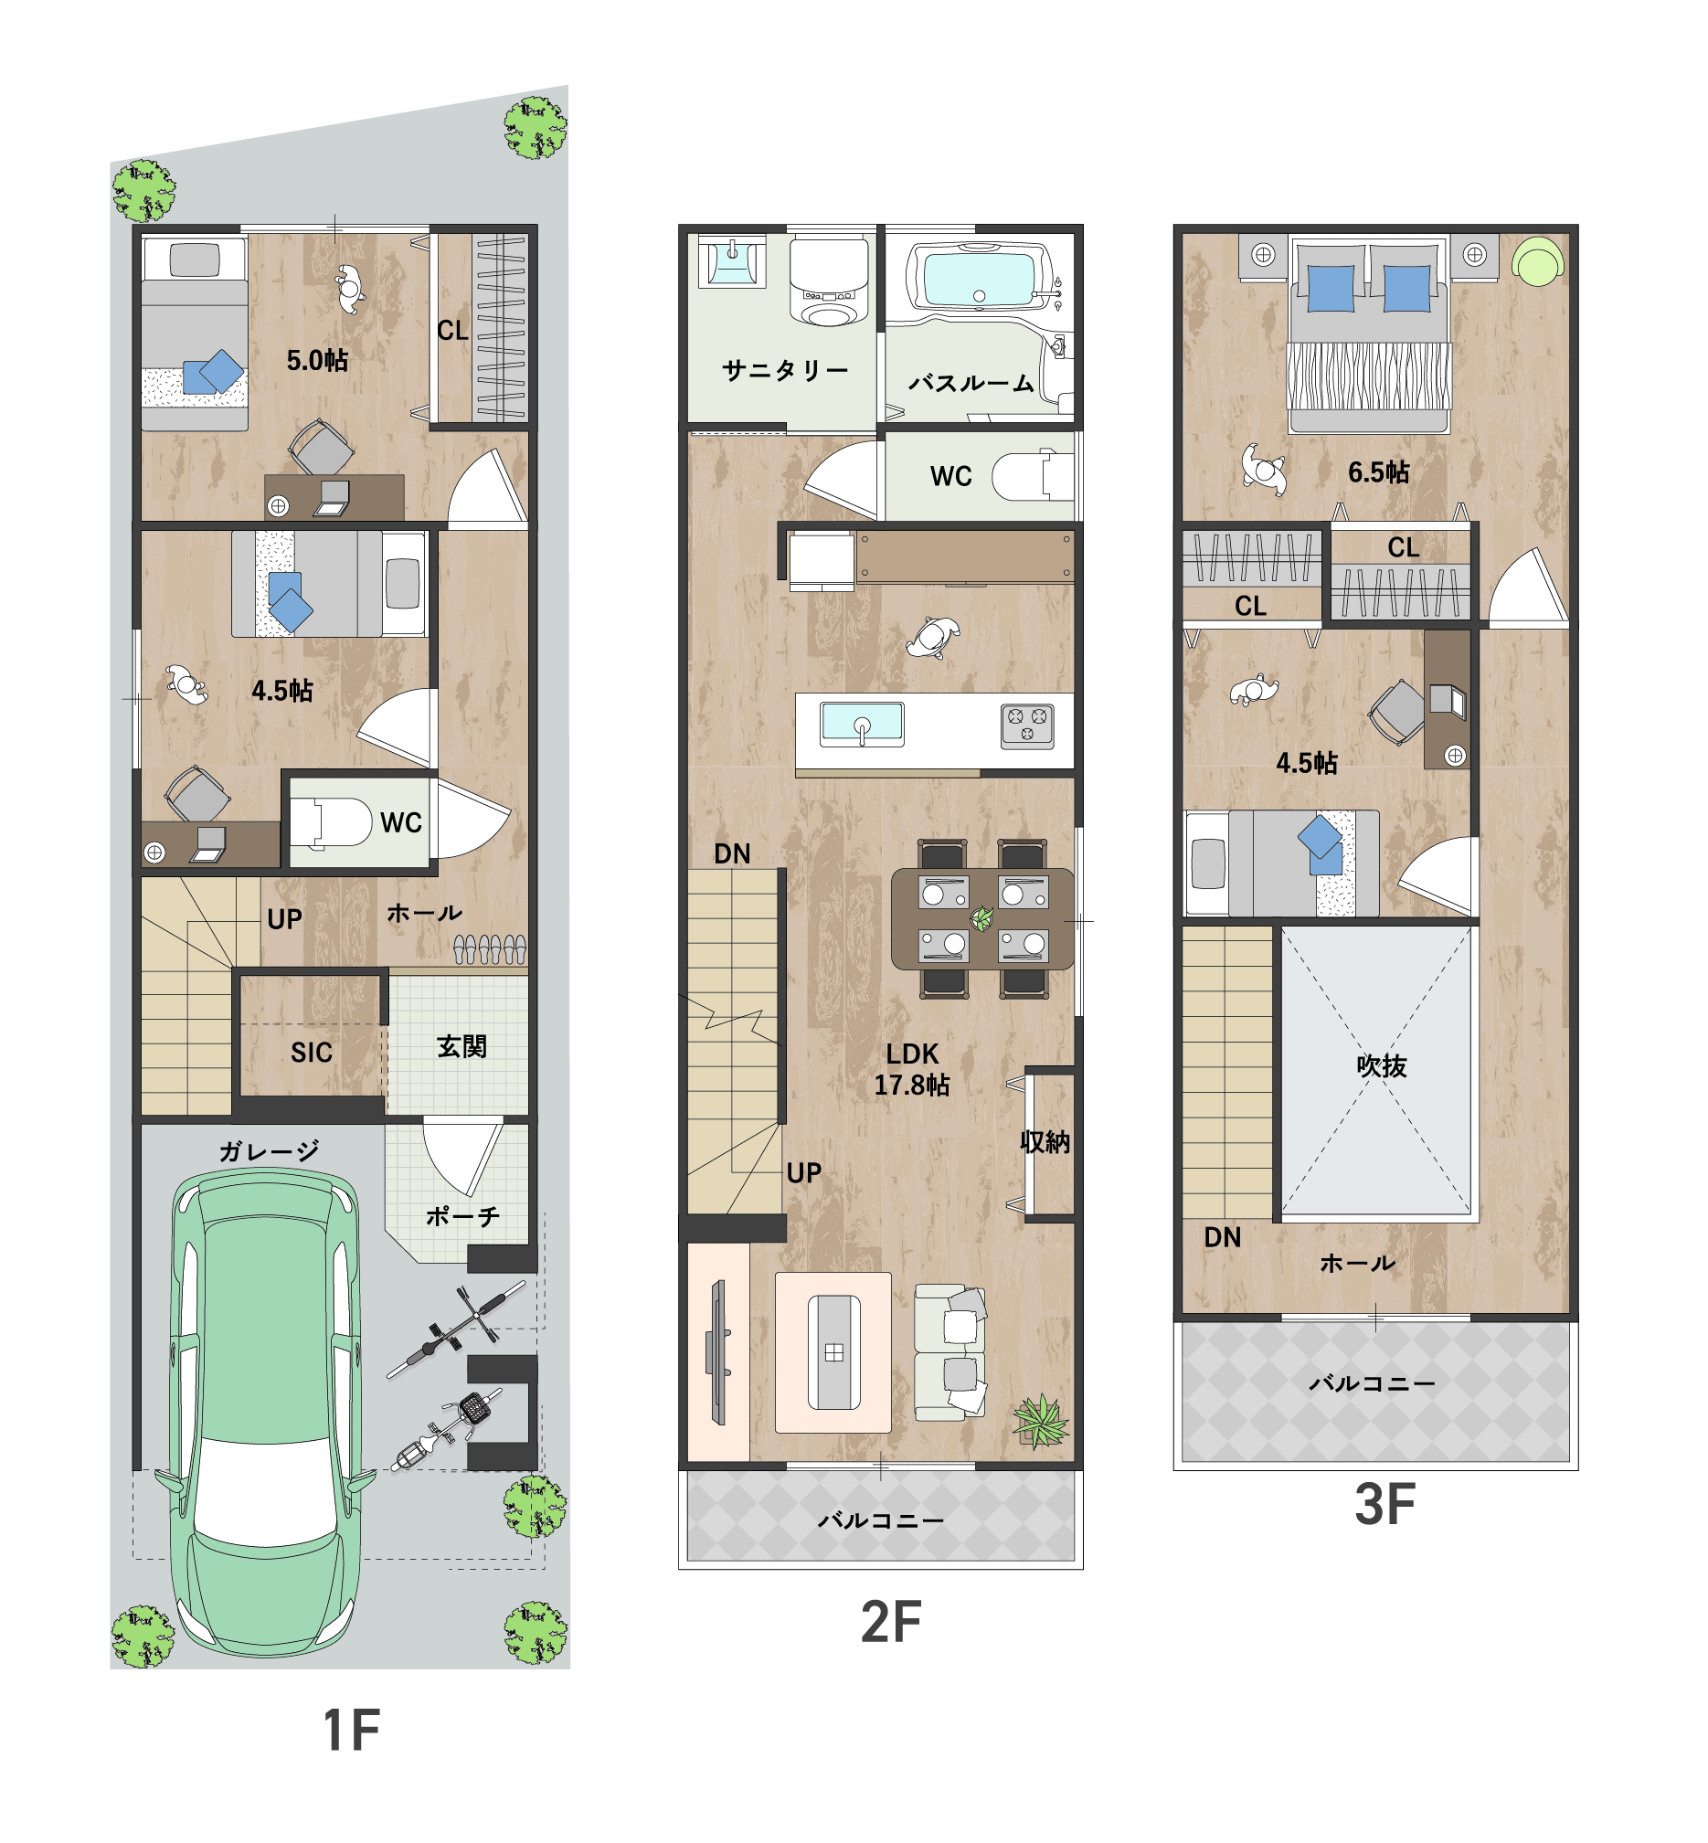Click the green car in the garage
point(265,1414)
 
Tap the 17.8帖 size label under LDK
point(912,1086)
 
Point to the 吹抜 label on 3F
point(1382,1065)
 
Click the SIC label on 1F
point(312,1053)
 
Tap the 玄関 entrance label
point(461,1046)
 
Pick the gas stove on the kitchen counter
point(1028,726)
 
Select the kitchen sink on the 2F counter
point(862,724)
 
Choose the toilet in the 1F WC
point(331,821)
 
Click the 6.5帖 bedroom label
point(1379,472)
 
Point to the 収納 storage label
point(1045,1141)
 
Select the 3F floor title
point(1384,1504)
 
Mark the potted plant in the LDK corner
point(1042,1421)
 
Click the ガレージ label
point(269,1150)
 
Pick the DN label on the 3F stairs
point(1222,1237)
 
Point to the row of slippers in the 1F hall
point(490,949)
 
